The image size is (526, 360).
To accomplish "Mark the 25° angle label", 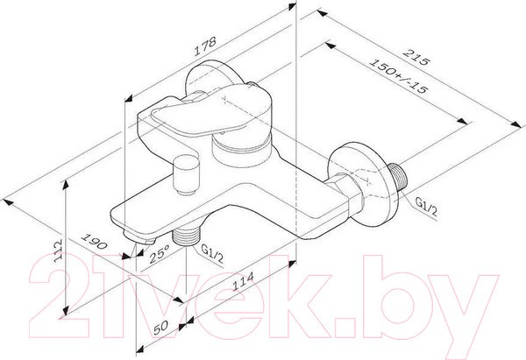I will [159, 256].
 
